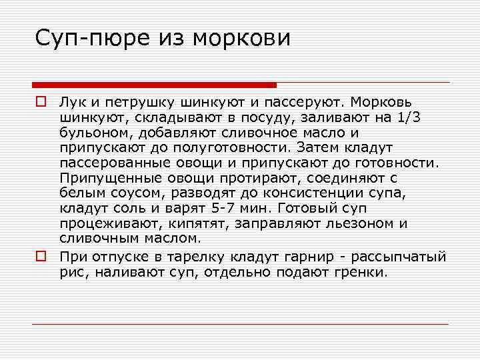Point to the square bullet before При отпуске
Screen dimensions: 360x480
tap(41, 256)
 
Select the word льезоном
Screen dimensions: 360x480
tap(363, 223)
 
